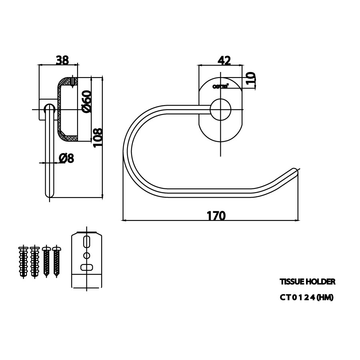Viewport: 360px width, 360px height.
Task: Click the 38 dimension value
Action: (x=62, y=60)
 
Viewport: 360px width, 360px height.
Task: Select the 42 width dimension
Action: (x=224, y=60)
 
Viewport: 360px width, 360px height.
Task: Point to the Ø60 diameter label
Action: (x=86, y=102)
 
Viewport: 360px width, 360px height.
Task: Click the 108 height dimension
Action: (x=98, y=138)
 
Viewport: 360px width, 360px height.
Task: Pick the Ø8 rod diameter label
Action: (x=66, y=158)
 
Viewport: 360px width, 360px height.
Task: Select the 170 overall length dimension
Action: (x=216, y=216)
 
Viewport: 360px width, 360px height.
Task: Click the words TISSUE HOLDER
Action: (x=307, y=282)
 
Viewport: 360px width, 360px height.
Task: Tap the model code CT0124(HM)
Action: (x=306, y=298)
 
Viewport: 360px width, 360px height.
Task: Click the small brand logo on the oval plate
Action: (x=220, y=86)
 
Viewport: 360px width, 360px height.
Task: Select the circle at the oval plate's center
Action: (x=221, y=110)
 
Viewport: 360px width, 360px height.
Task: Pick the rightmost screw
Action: (x=56, y=262)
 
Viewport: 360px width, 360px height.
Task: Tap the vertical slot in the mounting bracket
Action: (x=87, y=243)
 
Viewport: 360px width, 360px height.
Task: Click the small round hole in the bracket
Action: (x=87, y=255)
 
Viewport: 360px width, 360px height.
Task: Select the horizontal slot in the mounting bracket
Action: (x=87, y=267)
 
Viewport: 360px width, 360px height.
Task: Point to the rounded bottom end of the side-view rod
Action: (x=49, y=194)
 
